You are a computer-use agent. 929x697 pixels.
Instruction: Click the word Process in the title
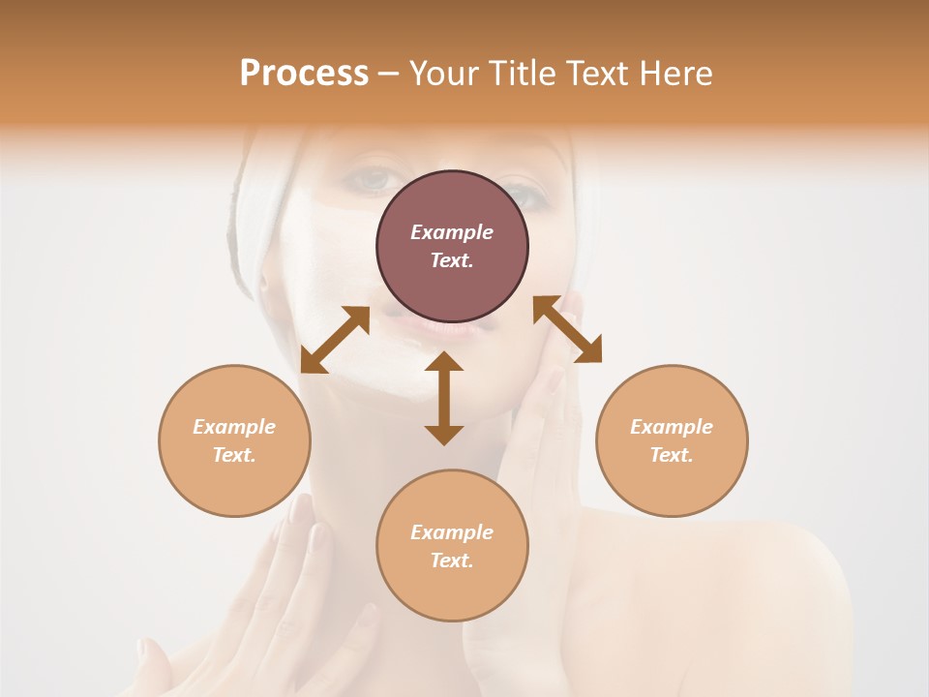(x=304, y=74)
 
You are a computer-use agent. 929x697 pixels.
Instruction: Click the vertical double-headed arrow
(x=444, y=398)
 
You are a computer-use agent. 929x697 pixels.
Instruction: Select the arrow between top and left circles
(x=335, y=339)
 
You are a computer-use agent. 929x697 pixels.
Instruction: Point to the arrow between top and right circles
(x=568, y=329)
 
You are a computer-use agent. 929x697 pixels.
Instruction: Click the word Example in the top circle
(x=452, y=232)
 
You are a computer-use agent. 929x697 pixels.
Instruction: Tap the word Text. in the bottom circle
(x=452, y=561)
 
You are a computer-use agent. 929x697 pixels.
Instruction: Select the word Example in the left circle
(x=234, y=427)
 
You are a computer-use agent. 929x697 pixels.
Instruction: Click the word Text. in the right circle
(x=672, y=455)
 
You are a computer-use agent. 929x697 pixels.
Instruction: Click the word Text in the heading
(x=593, y=74)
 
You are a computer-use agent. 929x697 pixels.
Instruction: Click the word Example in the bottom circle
(x=452, y=532)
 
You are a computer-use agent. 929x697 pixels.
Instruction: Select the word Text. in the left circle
(x=234, y=455)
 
